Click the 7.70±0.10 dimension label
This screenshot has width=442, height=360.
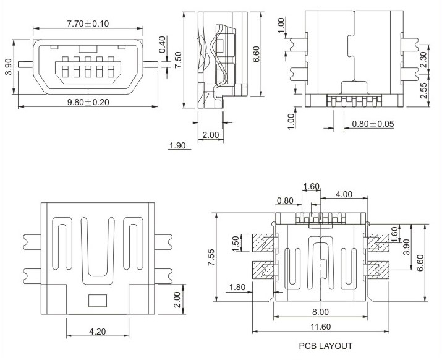point(87,23)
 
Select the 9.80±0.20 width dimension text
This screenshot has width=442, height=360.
point(87,101)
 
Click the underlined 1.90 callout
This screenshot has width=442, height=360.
point(177,146)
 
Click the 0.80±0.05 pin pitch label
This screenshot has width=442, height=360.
point(373,124)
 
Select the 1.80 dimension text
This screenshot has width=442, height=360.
point(237,287)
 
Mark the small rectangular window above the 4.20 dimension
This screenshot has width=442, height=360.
point(97,301)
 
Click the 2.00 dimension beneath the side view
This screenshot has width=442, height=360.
point(211,134)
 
